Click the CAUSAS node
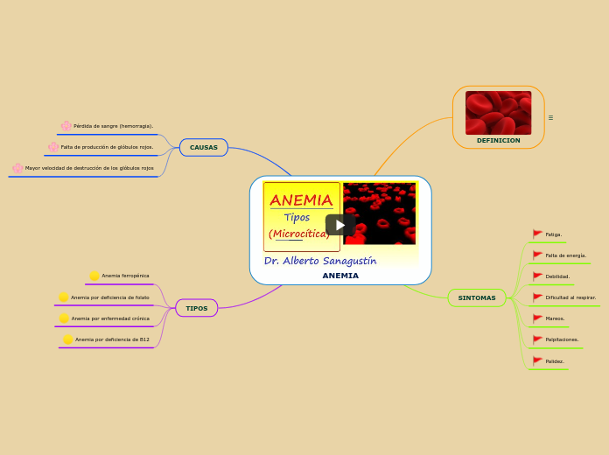[204, 147]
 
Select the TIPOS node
[197, 308]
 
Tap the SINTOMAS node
[477, 297]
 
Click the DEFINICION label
[498, 140]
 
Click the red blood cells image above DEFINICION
[498, 112]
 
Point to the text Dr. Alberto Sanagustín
[320, 261]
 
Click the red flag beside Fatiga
[537, 234]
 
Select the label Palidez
[555, 360]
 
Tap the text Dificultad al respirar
[570, 297]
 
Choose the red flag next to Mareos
[537, 318]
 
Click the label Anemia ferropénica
[125, 276]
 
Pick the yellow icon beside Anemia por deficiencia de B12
[68, 339]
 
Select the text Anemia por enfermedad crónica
[110, 318]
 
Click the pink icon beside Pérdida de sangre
[66, 126]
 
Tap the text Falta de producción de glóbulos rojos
[107, 147]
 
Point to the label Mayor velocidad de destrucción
[89, 168]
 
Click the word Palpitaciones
[562, 339]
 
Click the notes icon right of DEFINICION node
[550, 117]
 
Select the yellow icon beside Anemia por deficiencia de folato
[64, 297]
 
